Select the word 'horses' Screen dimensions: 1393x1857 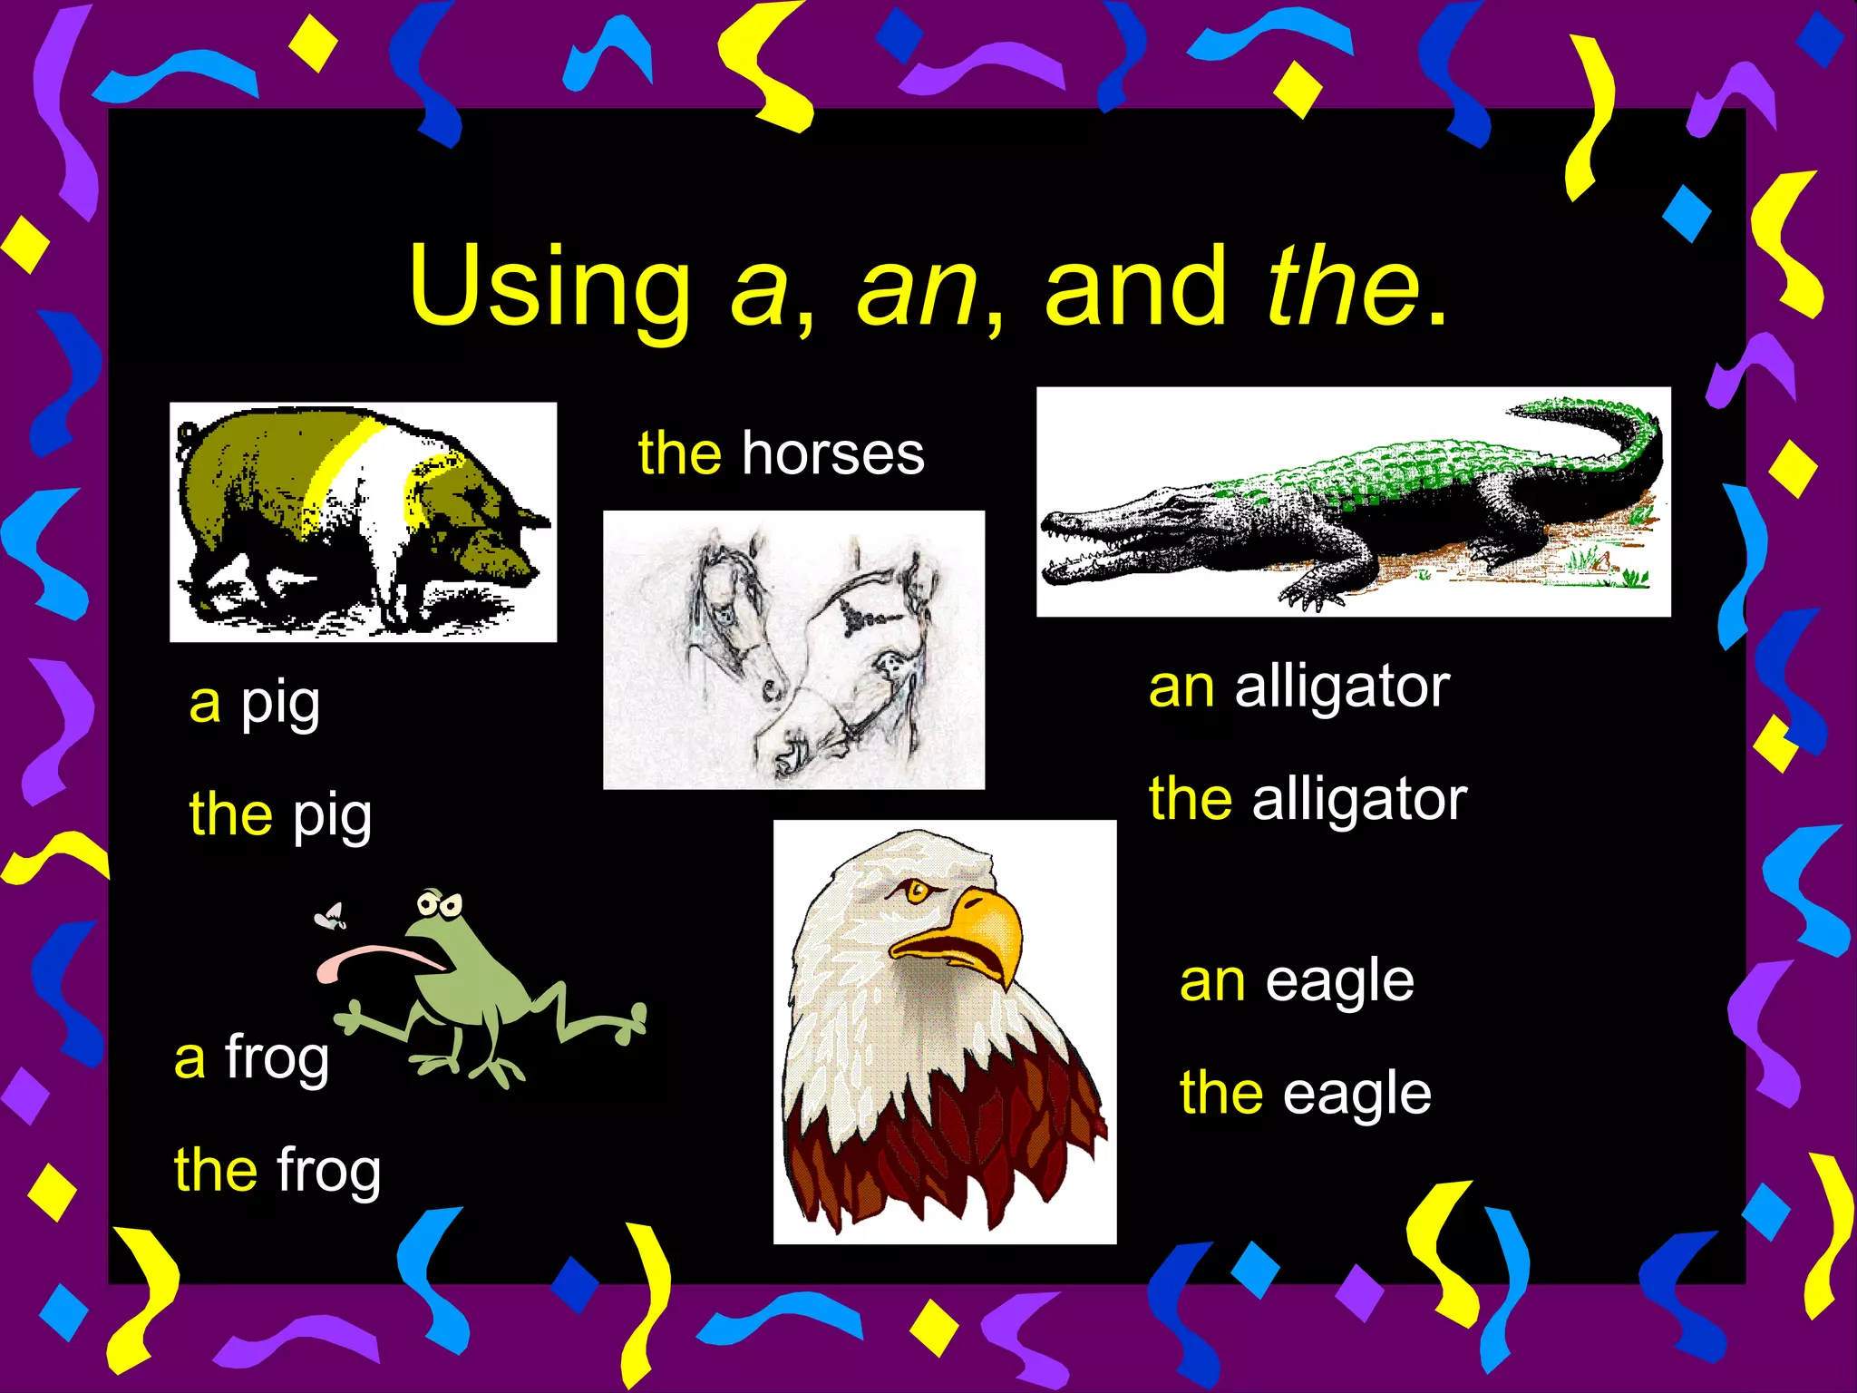tap(833, 453)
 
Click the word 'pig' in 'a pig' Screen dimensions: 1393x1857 tap(280, 705)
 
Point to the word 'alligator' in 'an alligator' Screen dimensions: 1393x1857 tap(1342, 687)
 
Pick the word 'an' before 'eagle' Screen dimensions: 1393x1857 tap(1212, 981)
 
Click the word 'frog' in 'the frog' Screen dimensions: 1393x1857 tap(329, 1171)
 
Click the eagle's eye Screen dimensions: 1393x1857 tap(917, 891)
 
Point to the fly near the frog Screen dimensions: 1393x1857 tap(331, 916)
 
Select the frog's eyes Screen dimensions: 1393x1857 tap(440, 904)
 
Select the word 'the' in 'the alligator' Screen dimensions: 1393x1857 tap(1191, 800)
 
